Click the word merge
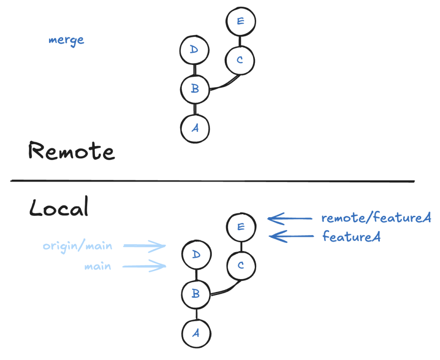click(66, 40)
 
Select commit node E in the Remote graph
click(241, 21)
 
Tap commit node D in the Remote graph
click(194, 50)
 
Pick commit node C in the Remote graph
click(240, 60)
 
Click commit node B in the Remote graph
click(195, 89)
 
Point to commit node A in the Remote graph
click(195, 128)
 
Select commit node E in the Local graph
click(241, 227)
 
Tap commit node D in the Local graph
click(196, 255)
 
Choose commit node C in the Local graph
click(241, 265)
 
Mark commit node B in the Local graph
click(196, 294)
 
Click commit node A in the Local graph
click(196, 333)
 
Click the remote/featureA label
click(376, 218)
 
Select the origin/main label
click(77, 246)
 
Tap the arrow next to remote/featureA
click(290, 219)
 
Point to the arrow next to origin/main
click(144, 246)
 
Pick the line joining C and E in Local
click(241, 246)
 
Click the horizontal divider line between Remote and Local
click(213, 181)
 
